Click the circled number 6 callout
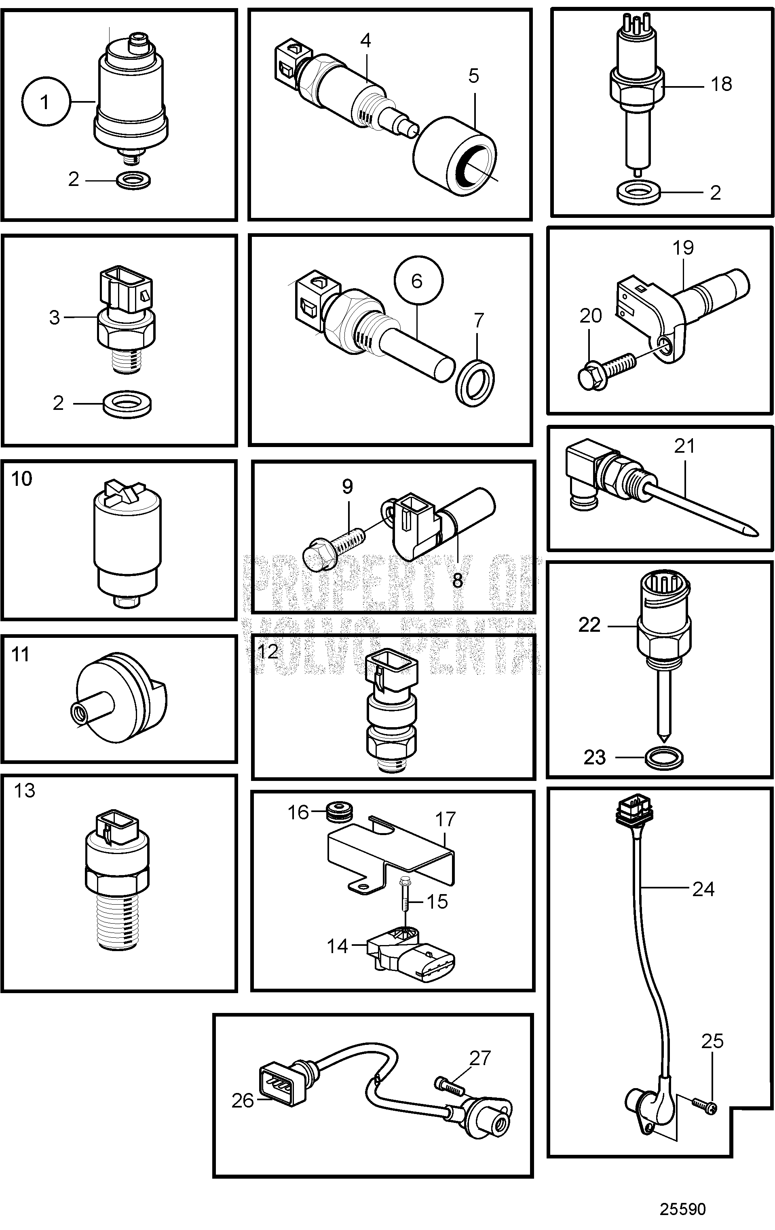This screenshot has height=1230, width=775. tap(418, 281)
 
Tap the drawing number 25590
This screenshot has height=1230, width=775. tap(682, 1209)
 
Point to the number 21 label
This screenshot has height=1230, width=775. tap(684, 446)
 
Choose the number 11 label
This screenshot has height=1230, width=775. tap(21, 654)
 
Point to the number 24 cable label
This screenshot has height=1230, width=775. tap(703, 889)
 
